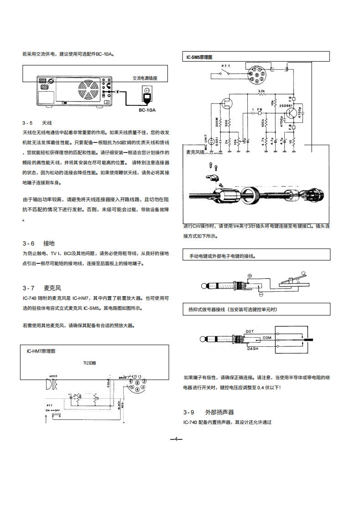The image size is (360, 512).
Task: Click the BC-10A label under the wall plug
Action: [147, 110]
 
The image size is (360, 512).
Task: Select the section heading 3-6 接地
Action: [42, 243]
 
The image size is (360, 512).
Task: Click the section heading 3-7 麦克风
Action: [42, 288]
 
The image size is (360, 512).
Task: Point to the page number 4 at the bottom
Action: [176, 439]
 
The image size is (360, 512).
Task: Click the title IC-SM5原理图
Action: [200, 57]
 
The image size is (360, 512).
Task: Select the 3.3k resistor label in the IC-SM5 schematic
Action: [261, 91]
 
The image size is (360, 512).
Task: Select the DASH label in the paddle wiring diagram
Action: [252, 349]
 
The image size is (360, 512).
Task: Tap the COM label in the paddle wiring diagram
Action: [266, 338]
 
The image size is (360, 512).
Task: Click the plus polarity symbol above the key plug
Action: [250, 276]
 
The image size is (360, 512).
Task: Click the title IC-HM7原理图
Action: [41, 351]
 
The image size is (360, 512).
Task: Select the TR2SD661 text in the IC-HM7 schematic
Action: [89, 364]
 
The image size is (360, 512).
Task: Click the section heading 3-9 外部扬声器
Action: [208, 412]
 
